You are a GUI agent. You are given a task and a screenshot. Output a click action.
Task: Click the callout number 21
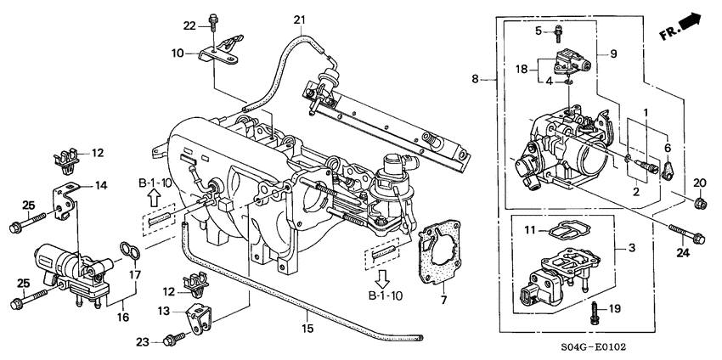pos(298,20)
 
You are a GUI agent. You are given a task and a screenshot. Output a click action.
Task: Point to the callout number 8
pos(476,79)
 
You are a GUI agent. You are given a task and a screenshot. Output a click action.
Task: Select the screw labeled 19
pos(595,310)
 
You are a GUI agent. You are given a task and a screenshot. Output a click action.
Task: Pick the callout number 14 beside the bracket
pos(101,185)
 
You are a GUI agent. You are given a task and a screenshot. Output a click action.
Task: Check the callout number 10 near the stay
pos(178,53)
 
